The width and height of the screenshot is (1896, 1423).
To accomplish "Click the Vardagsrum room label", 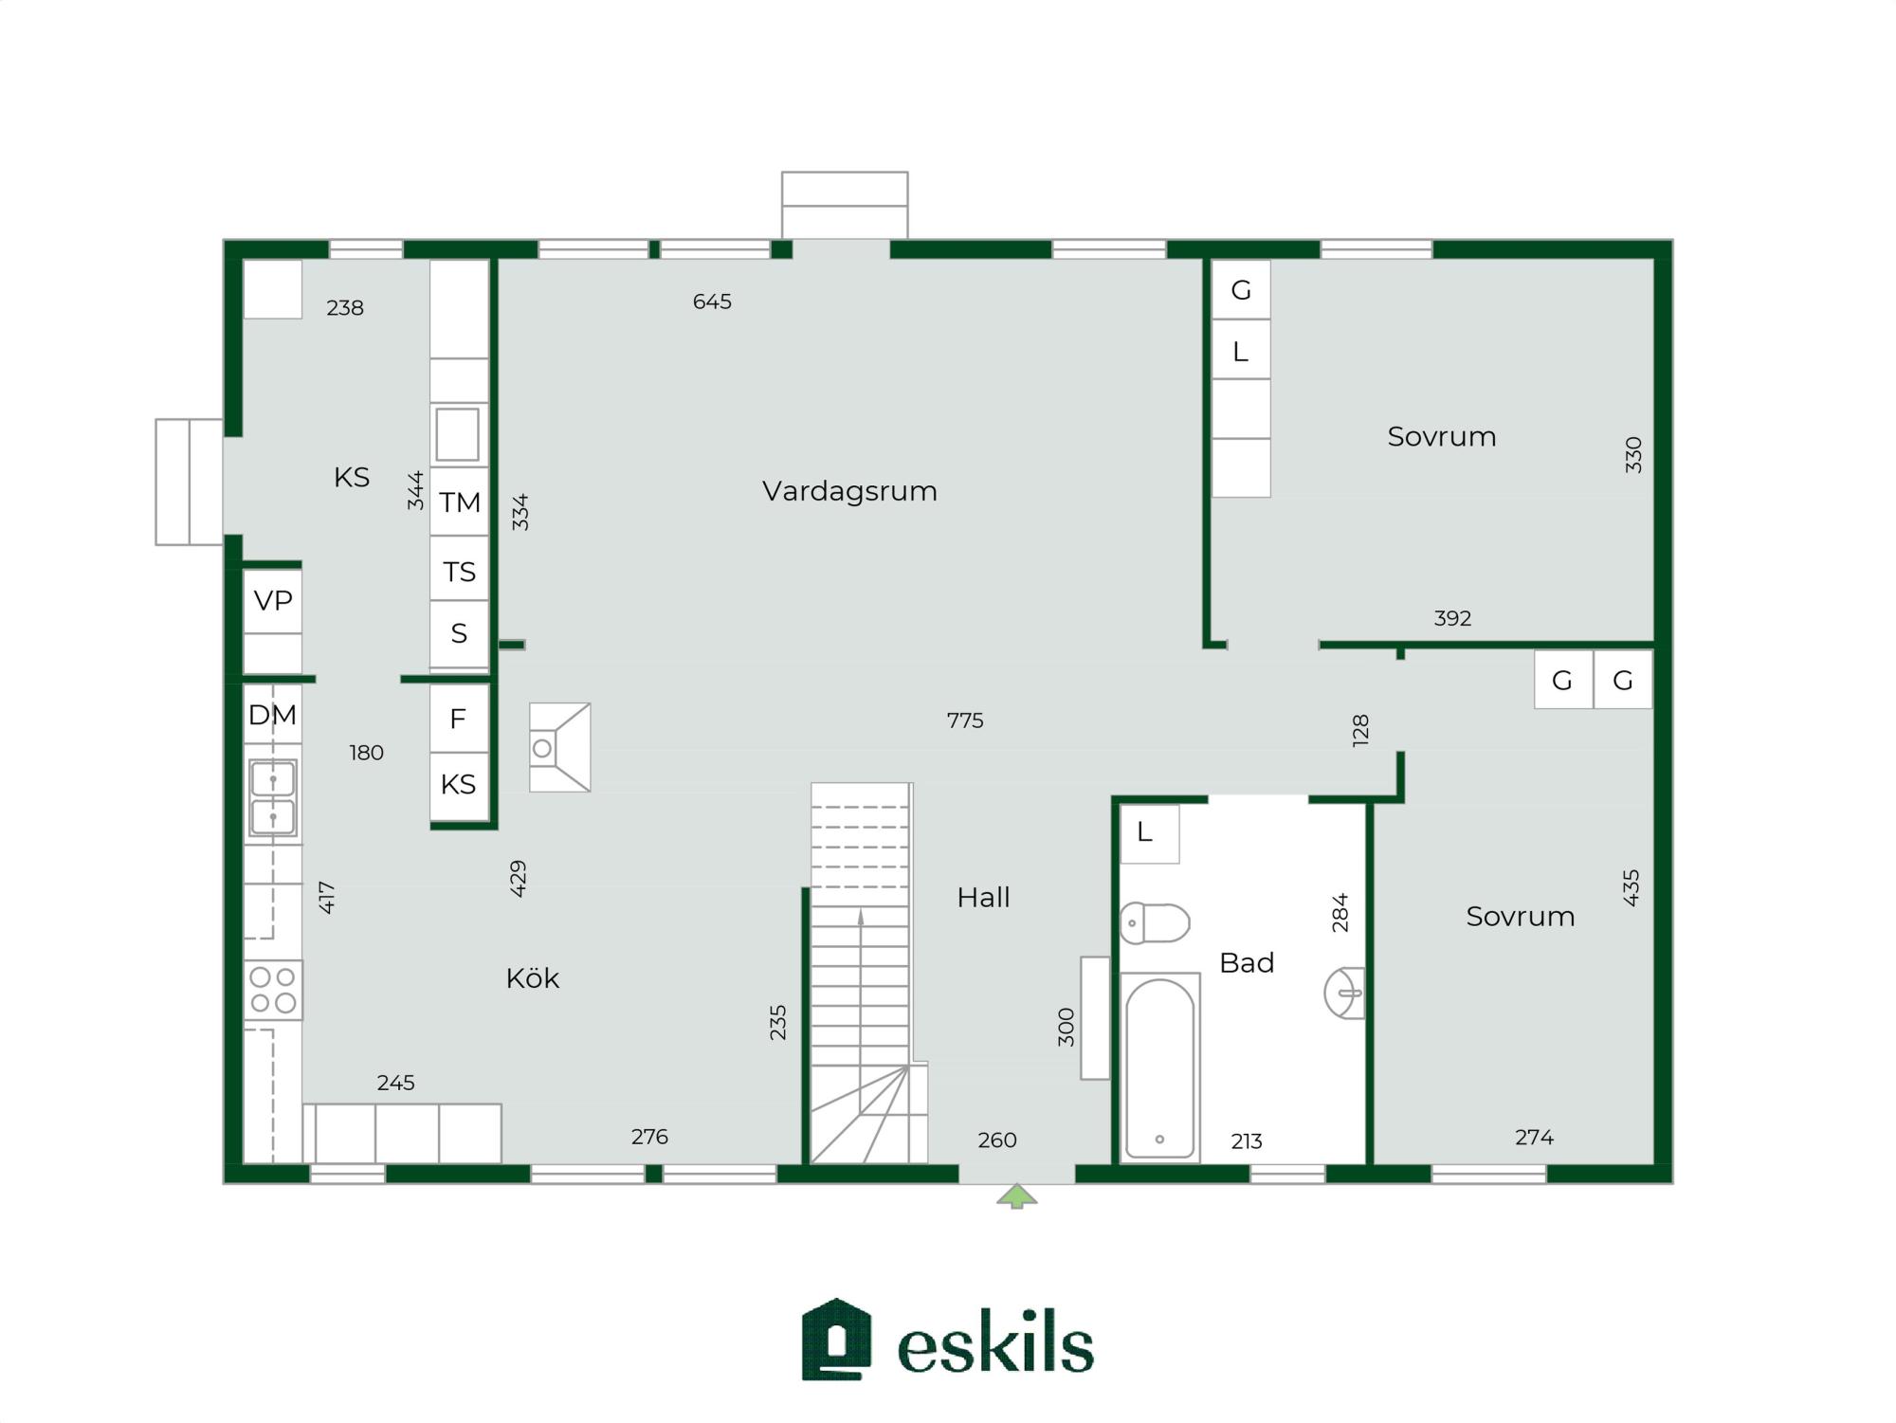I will (849, 491).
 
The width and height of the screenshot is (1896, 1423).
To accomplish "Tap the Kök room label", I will (532, 978).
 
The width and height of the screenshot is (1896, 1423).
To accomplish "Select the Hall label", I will (983, 898).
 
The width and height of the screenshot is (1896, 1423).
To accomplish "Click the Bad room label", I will (1246, 963).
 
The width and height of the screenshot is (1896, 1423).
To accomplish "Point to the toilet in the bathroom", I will (1155, 922).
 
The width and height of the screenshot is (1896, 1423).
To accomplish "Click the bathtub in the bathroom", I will (1159, 1067).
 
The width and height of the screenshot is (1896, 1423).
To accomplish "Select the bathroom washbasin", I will (1344, 993).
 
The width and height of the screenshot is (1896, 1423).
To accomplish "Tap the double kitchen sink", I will (273, 798).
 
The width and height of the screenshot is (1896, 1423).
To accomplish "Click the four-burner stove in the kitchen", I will (273, 990).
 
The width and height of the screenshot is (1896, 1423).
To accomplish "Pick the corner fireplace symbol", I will (559, 747).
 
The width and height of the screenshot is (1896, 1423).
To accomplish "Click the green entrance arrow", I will (1016, 1196).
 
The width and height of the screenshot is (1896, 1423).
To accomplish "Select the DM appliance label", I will (272, 715).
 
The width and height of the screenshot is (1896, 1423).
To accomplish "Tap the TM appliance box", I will (460, 502).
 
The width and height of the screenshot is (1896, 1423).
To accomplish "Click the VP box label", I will (273, 600).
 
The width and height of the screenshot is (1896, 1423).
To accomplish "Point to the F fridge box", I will (458, 720).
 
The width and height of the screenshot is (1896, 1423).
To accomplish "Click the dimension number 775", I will (965, 721).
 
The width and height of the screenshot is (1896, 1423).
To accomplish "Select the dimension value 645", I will (712, 301).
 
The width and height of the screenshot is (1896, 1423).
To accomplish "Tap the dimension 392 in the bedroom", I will (1452, 619).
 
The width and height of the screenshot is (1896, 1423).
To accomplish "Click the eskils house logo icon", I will (836, 1339).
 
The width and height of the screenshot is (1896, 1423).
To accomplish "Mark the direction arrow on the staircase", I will (861, 917).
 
